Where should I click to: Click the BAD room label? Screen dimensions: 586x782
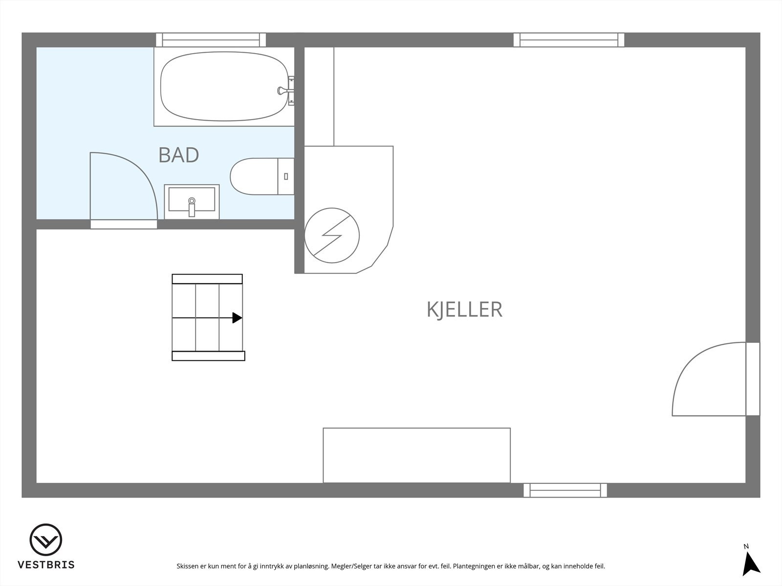(x=179, y=155)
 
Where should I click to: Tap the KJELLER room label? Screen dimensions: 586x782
(x=464, y=310)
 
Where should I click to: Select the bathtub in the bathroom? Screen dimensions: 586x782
(x=224, y=86)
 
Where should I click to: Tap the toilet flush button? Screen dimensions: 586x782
(x=286, y=176)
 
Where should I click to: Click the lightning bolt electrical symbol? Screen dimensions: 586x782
(x=332, y=235)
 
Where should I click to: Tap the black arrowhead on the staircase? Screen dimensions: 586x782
(x=237, y=318)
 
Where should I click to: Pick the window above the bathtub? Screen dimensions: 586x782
(x=211, y=40)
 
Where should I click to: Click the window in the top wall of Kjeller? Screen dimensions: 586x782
(x=568, y=40)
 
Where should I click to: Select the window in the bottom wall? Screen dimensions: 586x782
(x=565, y=490)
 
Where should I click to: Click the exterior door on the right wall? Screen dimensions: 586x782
(x=753, y=379)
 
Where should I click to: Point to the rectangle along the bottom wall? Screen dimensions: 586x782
(x=416, y=455)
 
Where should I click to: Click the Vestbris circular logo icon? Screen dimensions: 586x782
(x=46, y=540)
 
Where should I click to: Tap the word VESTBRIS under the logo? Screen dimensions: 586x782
(x=46, y=565)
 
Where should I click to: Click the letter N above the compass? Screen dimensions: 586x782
(x=746, y=546)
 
